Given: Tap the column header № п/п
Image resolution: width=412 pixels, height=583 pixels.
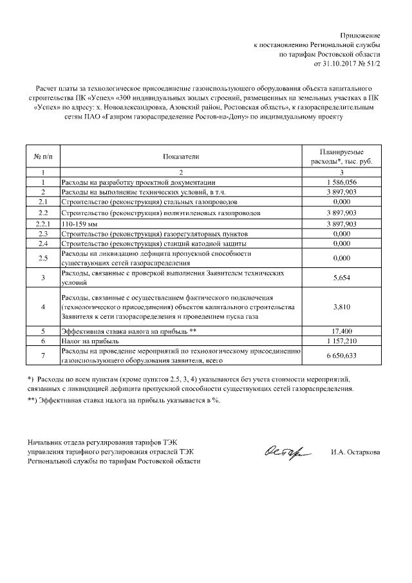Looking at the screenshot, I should click(42, 156).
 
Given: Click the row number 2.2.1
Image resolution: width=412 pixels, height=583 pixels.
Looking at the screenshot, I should click(42, 223).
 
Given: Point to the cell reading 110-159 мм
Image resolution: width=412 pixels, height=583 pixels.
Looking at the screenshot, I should click(79, 223).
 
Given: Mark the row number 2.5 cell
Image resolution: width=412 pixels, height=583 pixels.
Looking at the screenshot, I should click(42, 258).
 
